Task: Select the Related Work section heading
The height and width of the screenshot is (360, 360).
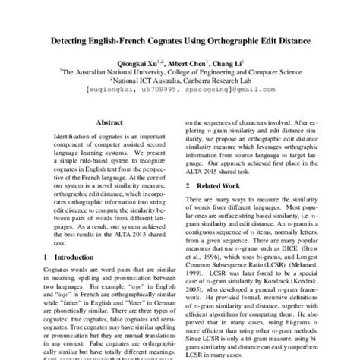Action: [x=225, y=185]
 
